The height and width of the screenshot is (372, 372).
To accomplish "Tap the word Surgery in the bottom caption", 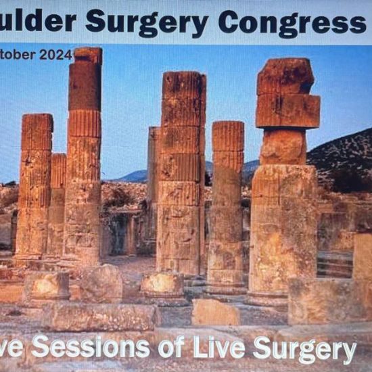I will click(x=304, y=349).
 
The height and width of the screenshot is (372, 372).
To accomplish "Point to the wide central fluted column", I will click(x=180, y=176).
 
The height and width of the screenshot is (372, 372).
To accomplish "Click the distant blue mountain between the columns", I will click(x=133, y=176).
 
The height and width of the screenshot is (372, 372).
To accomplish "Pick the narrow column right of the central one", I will click(x=227, y=203).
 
